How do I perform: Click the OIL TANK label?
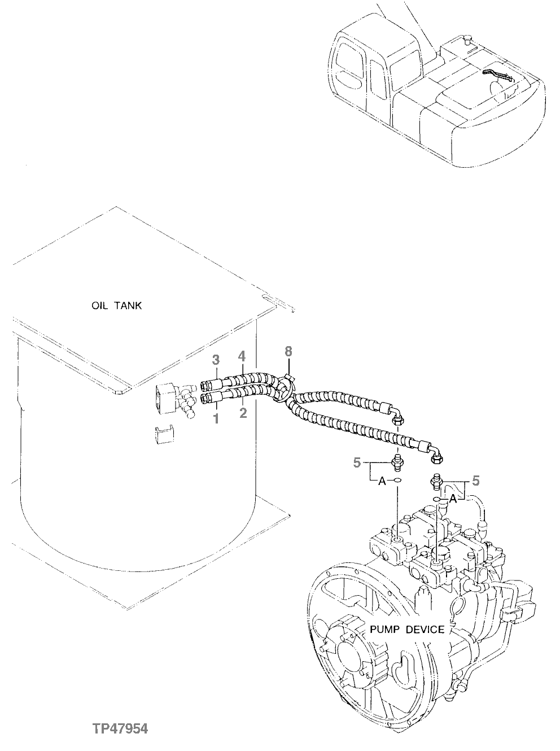[117, 305]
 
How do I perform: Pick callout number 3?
[215, 359]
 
